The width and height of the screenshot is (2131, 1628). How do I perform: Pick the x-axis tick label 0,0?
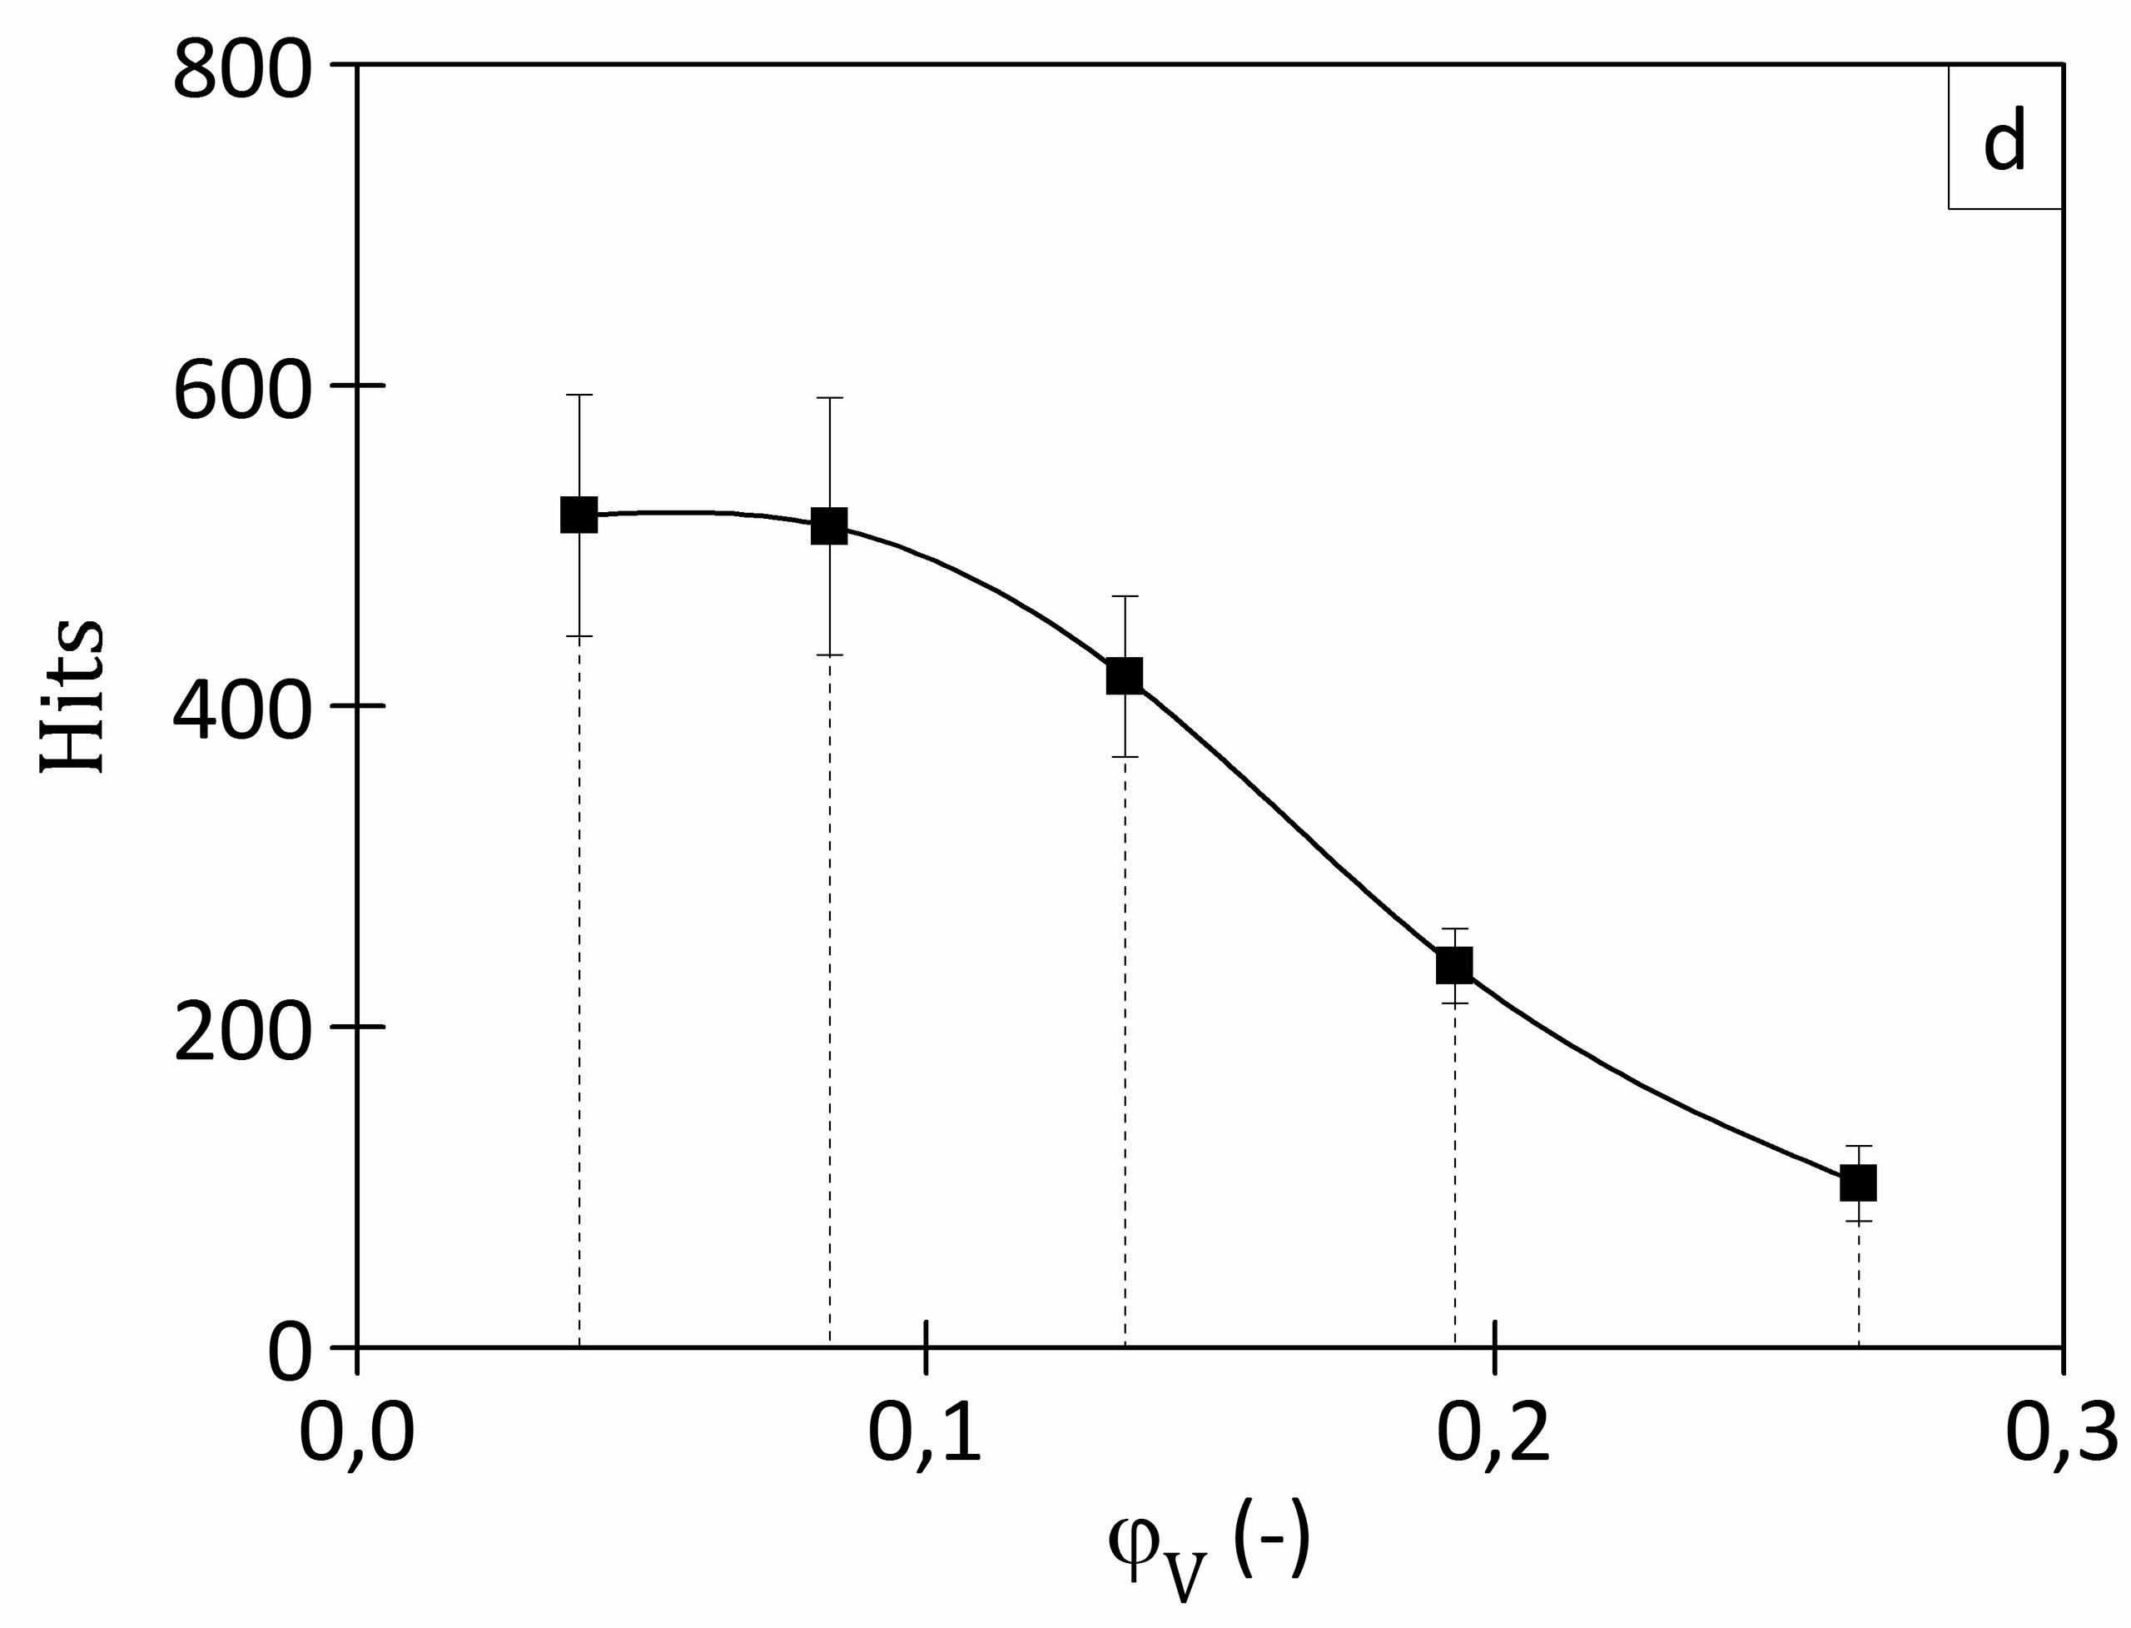point(356,1435)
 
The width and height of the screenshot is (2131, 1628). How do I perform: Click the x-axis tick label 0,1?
point(925,1435)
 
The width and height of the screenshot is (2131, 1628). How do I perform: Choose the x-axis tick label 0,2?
point(1493,1435)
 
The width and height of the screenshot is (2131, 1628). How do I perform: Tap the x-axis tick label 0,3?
point(2061,1435)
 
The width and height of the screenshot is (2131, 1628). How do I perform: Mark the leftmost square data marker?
point(579,515)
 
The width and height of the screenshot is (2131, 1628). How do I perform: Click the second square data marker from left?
point(829,526)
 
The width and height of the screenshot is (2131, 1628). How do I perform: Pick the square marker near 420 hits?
point(1124,675)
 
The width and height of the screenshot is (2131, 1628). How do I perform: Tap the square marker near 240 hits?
point(1454,965)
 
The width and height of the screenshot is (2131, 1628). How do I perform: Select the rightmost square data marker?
point(1858,1183)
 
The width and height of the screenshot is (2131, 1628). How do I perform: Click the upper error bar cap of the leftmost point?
point(579,396)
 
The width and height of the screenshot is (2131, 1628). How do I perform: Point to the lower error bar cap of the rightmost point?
point(1858,1221)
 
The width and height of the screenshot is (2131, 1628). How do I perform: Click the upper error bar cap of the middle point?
point(1124,596)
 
